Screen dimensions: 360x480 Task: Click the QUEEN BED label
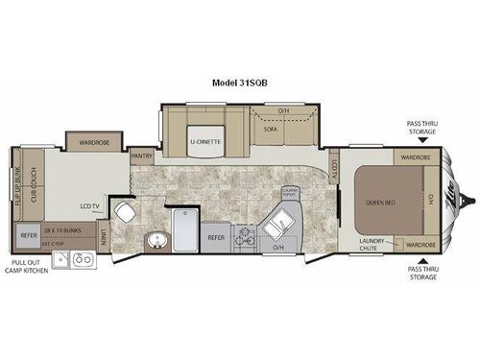click(383, 203)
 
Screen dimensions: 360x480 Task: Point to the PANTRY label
click(143, 154)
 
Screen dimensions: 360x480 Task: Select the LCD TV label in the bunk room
click(91, 204)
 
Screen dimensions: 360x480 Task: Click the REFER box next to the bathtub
click(217, 235)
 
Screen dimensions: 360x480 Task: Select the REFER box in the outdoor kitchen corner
click(28, 231)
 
